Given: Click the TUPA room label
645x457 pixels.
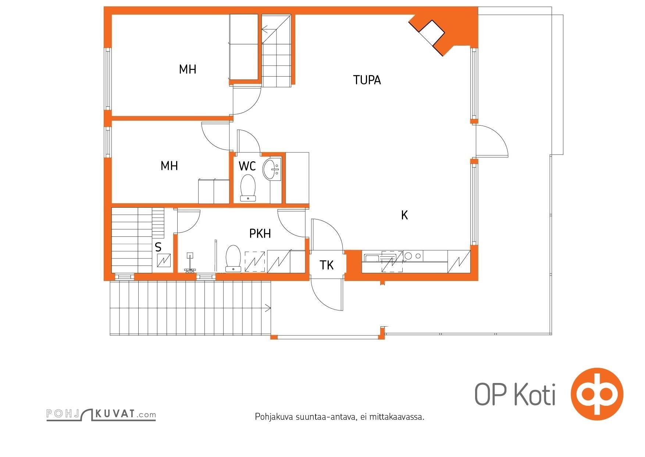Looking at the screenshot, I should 367,80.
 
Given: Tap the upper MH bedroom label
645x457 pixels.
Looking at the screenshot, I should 188,69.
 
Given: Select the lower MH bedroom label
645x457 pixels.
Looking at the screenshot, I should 169,166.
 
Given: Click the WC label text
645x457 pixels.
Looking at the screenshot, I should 247,166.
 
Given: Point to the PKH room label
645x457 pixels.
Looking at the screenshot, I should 260,233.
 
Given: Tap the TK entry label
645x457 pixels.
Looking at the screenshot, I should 327,265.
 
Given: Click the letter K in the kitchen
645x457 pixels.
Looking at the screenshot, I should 405,215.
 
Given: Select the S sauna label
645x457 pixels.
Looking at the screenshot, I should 158,247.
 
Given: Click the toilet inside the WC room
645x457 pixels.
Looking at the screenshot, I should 248,187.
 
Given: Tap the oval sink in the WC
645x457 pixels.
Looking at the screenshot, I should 271,169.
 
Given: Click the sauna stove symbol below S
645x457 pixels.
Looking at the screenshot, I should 164,261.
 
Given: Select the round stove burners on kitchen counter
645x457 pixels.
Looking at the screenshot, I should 413,255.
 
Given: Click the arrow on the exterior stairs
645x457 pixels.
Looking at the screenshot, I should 268,307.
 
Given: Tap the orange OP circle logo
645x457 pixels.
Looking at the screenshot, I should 596,393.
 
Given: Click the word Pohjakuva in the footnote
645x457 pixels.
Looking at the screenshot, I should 274,417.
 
